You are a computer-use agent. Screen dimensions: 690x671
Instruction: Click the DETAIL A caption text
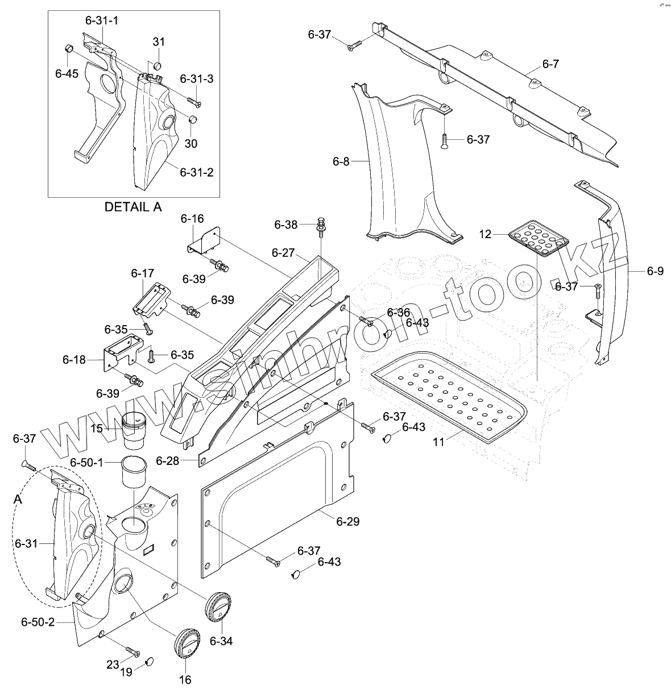point(133,207)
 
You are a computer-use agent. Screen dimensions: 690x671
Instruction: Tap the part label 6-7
point(550,64)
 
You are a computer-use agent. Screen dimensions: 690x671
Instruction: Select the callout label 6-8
point(341,161)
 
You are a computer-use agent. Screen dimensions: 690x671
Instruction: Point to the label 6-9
point(655,271)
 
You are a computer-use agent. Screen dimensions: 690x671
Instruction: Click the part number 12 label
point(485,234)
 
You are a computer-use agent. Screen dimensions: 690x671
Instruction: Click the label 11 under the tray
point(438,442)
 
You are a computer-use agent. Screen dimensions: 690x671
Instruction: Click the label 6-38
point(286,225)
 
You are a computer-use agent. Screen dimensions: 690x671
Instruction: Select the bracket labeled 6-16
point(205,242)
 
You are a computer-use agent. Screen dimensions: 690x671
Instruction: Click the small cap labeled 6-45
point(68,48)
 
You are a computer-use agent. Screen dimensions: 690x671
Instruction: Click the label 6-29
point(347,521)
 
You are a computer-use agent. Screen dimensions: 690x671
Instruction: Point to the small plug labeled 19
point(149,661)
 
